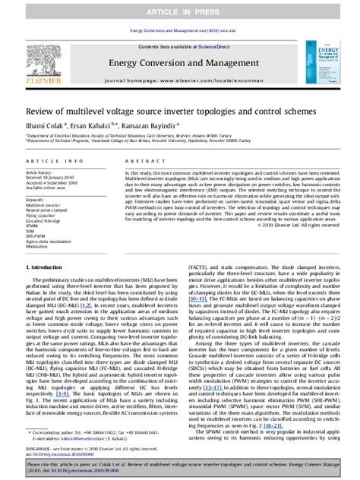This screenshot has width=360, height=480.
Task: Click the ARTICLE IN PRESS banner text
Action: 180,14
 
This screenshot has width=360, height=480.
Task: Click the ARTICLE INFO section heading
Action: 48,162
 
